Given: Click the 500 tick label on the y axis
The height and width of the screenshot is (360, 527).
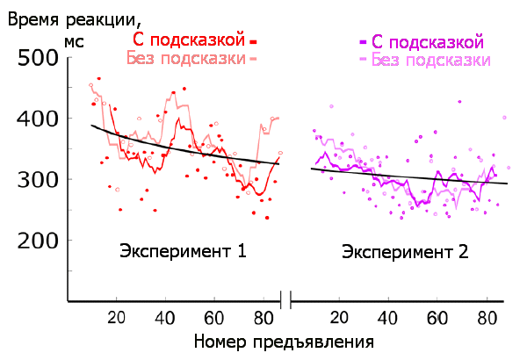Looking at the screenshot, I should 39,58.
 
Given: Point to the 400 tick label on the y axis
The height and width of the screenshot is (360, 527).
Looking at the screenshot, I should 39,119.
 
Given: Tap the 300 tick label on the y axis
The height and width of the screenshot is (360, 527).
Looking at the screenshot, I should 39,179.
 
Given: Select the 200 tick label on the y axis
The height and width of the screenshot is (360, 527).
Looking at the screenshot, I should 39,240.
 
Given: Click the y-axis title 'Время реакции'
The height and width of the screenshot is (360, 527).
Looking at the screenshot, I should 74,18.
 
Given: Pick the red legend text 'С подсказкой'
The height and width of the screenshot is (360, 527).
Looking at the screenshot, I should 188,40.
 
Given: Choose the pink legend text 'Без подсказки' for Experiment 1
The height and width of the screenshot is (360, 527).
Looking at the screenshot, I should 185,58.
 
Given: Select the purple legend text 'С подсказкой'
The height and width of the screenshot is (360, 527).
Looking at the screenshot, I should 428,42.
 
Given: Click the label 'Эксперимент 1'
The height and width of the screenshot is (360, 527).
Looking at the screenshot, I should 182,252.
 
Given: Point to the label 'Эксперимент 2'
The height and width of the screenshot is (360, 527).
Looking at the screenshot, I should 405,252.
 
